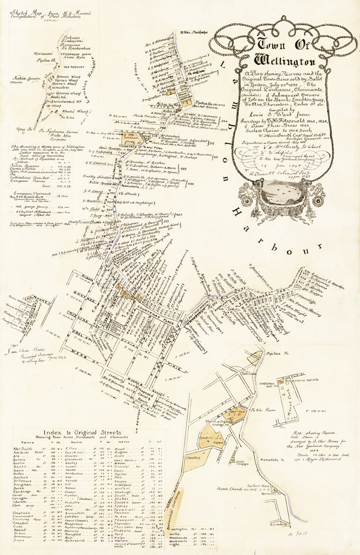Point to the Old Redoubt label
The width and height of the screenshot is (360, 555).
coord(74,67)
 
